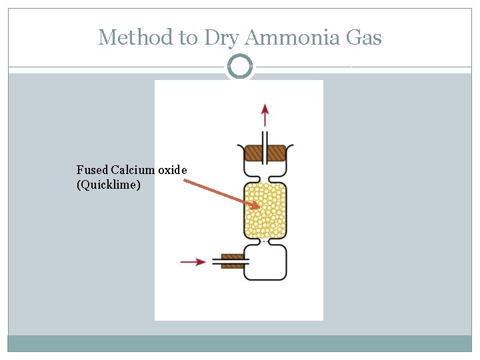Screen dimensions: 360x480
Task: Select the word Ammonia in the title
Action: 293,37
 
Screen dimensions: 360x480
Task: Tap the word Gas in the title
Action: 364,37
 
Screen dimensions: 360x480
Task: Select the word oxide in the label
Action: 173,170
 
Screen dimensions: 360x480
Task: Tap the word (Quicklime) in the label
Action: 109,185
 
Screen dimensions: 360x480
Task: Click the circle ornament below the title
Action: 240,67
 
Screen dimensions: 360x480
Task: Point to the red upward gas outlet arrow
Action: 265,115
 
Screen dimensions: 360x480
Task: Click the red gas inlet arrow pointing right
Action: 193,262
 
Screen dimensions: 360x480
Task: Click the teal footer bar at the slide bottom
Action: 240,343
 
